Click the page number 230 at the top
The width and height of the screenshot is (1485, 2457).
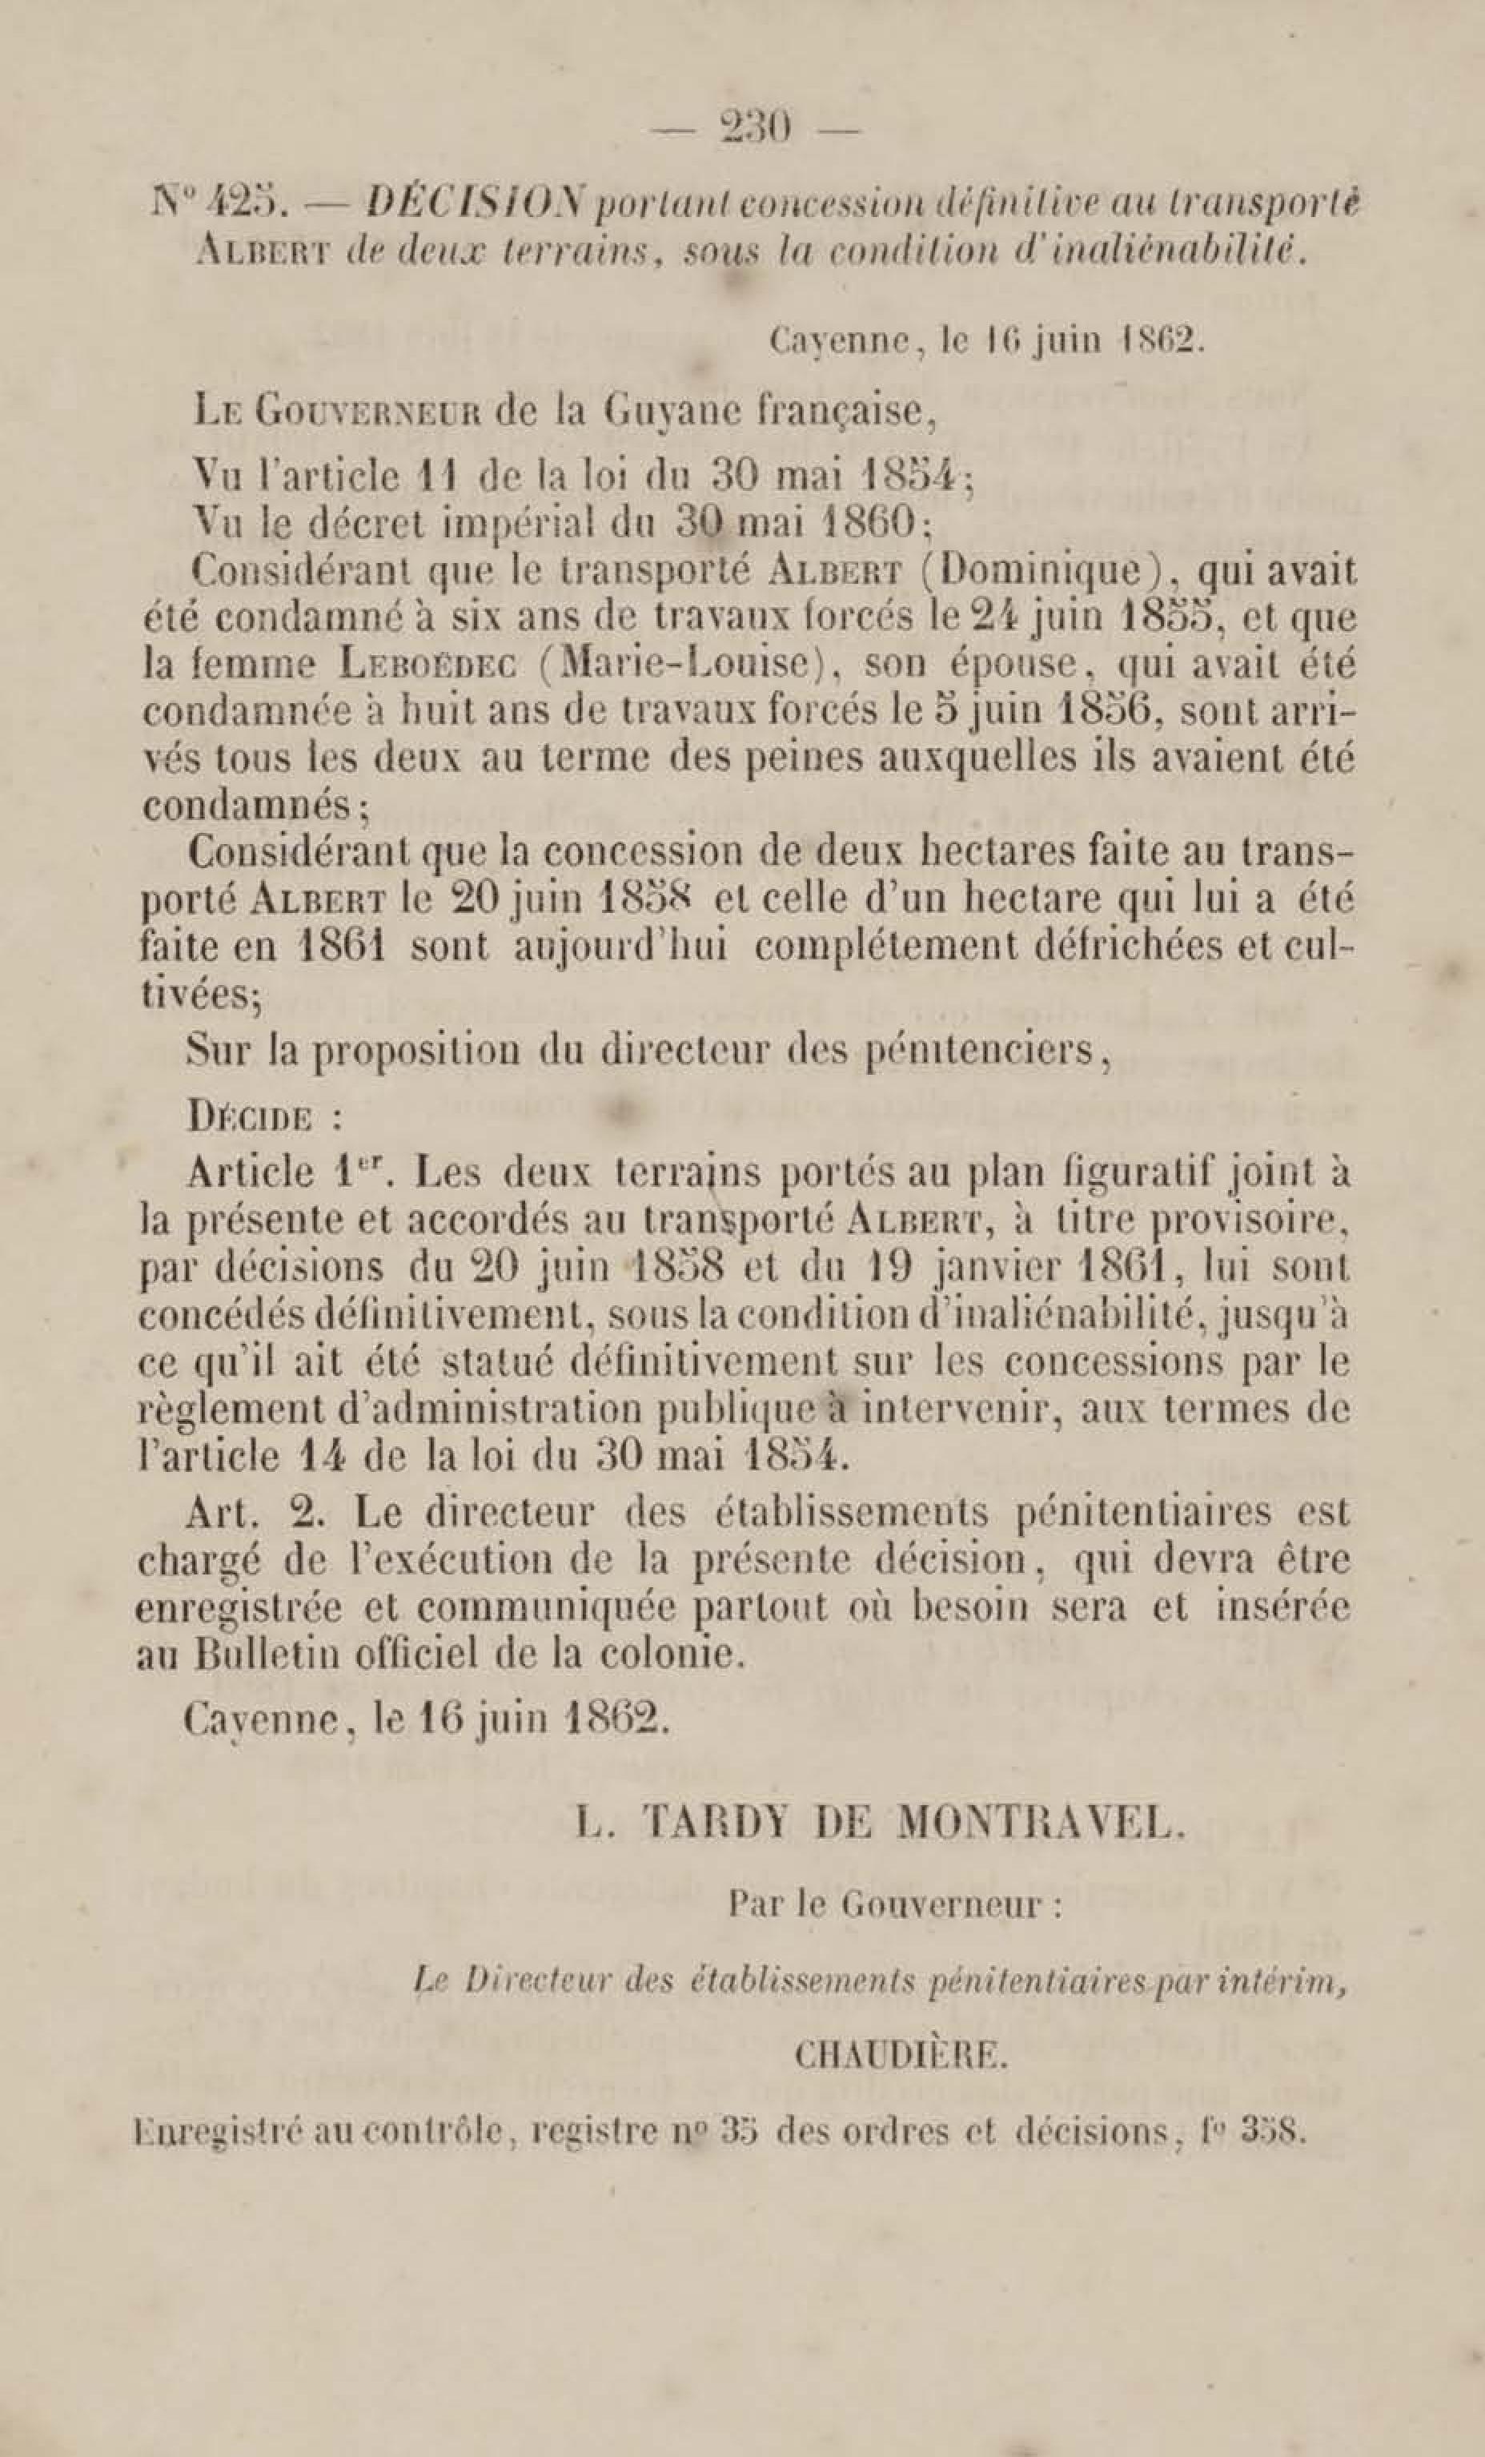click(754, 130)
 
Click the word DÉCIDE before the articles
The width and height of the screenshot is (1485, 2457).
click(252, 1117)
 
